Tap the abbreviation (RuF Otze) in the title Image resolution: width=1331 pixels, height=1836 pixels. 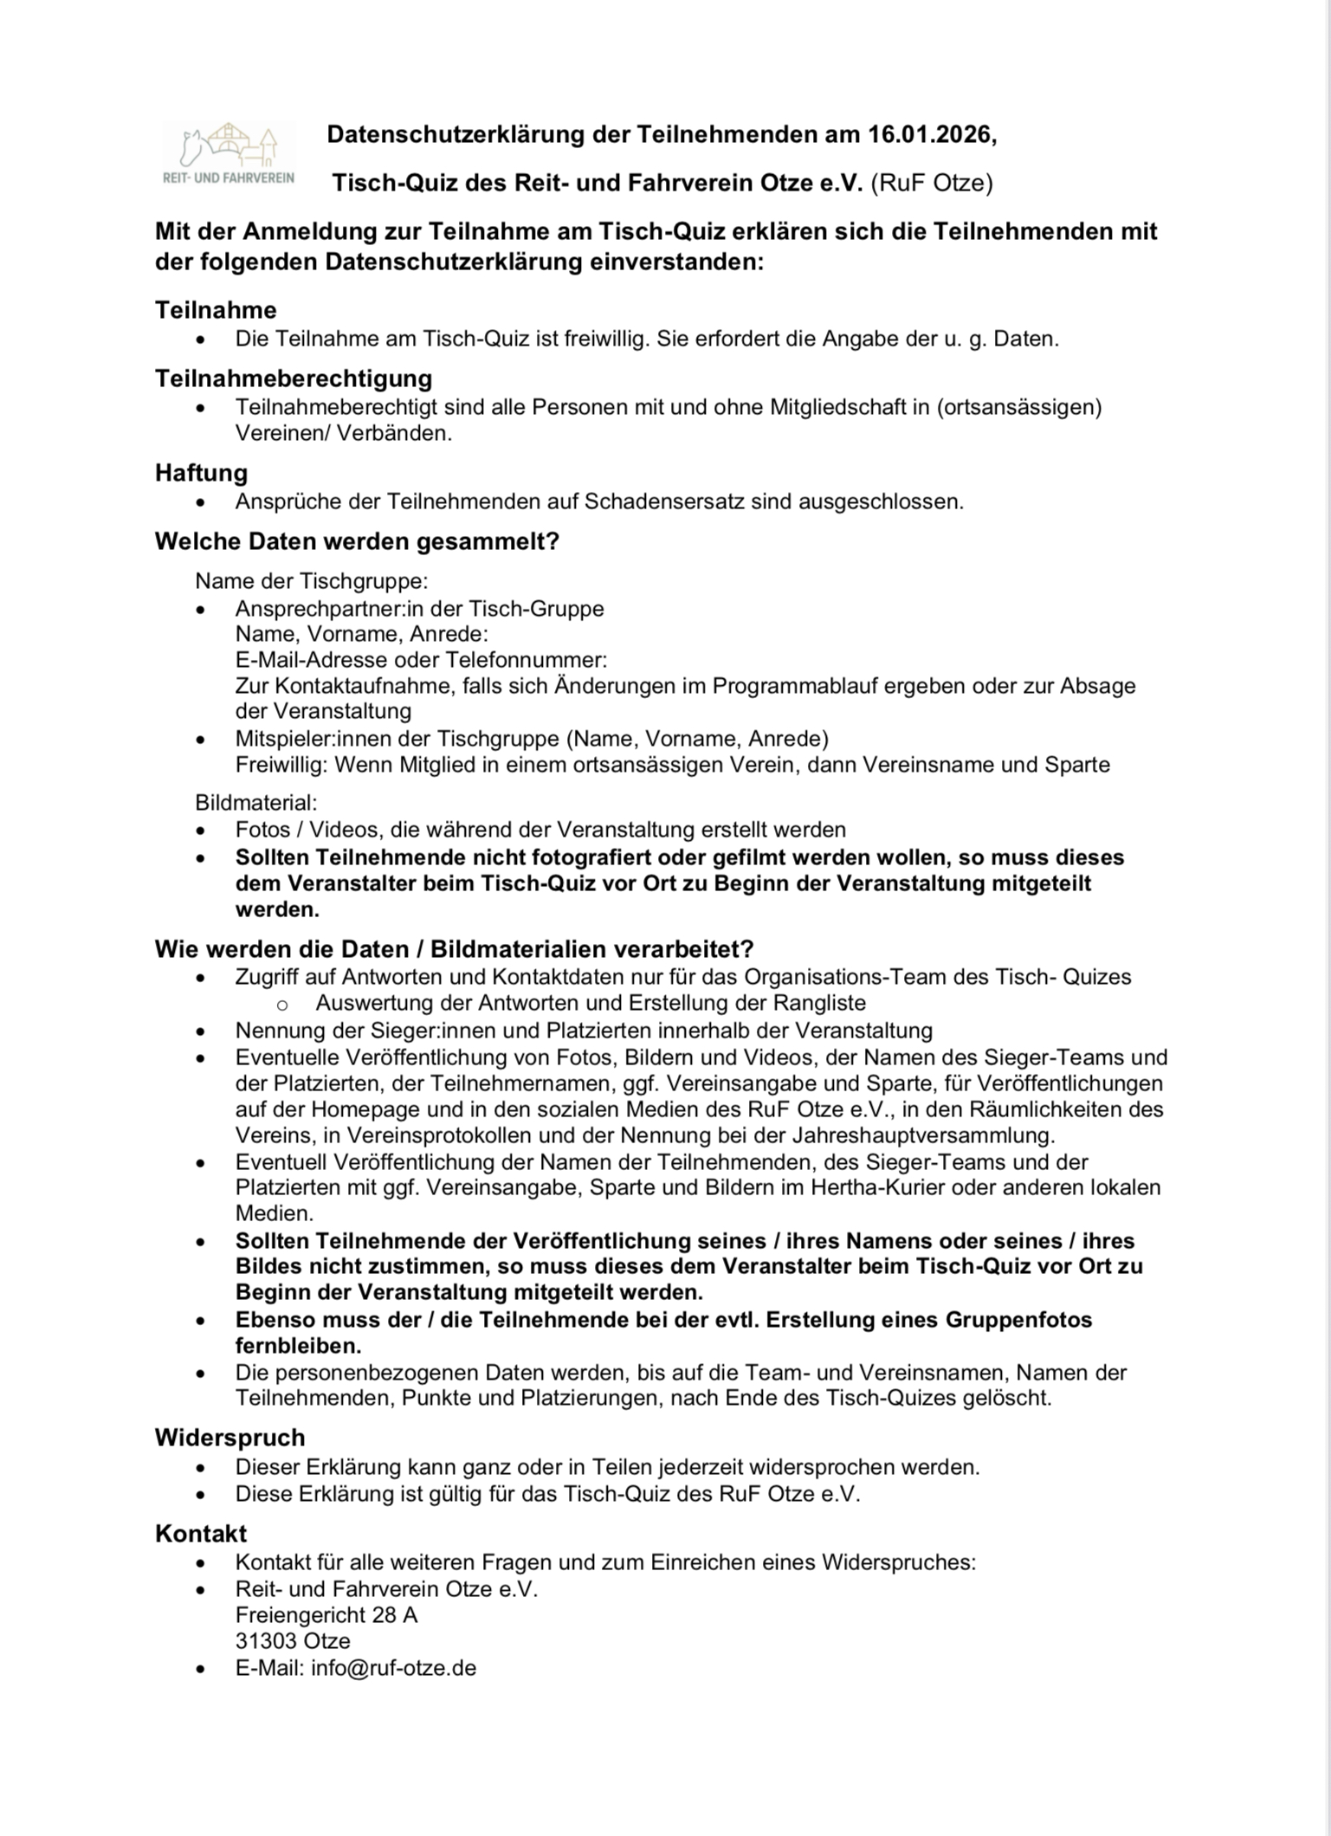[x=932, y=184]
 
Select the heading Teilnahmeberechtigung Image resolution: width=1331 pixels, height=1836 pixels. [x=294, y=378]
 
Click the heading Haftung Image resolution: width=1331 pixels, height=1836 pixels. [x=201, y=473]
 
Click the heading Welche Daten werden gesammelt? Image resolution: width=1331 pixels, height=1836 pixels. [x=357, y=542]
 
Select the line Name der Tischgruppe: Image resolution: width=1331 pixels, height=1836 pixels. [x=312, y=580]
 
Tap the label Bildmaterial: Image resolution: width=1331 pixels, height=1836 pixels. [x=256, y=802]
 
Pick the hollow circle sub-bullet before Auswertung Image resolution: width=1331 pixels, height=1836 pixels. [x=281, y=1004]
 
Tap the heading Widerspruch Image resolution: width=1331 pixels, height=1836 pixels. [x=229, y=1438]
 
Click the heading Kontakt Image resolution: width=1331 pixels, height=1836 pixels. [x=201, y=1533]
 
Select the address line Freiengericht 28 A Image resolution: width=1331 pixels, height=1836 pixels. [x=326, y=1615]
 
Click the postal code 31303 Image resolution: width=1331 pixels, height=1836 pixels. [x=267, y=1641]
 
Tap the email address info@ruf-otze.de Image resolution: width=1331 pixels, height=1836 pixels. [x=394, y=1668]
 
